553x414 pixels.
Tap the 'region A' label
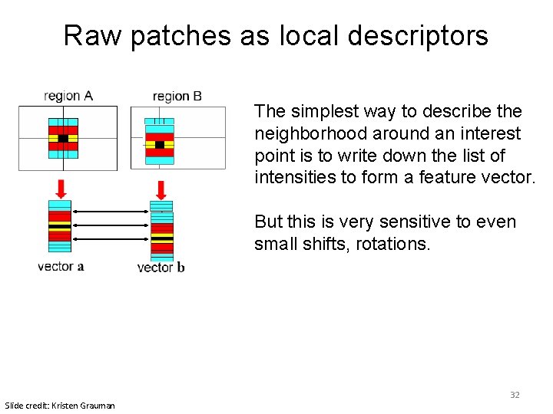point(68,96)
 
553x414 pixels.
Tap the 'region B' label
point(177,96)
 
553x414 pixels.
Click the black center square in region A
point(63,139)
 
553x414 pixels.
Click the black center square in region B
point(159,144)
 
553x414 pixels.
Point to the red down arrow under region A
point(61,188)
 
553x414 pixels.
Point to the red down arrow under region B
point(161,189)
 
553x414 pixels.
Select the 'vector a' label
point(61,266)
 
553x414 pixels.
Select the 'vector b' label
point(161,267)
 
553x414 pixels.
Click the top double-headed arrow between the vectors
point(111,211)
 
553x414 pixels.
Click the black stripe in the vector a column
point(59,227)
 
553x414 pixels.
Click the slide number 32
point(515,395)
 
